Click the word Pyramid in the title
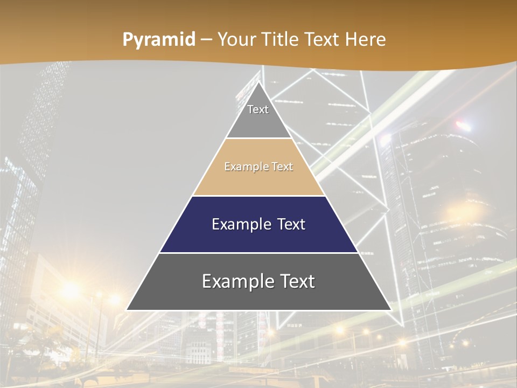pos(158,40)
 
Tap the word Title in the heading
pos(283,39)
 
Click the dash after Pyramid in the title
pos(206,40)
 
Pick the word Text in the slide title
pos(323,39)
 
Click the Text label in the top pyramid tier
pos(258,109)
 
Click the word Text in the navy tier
pos(291,224)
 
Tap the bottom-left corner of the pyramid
pos(127,310)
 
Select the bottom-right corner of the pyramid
pos(390,310)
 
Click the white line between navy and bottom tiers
pos(259,253)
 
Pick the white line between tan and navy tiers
pos(259,196)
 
